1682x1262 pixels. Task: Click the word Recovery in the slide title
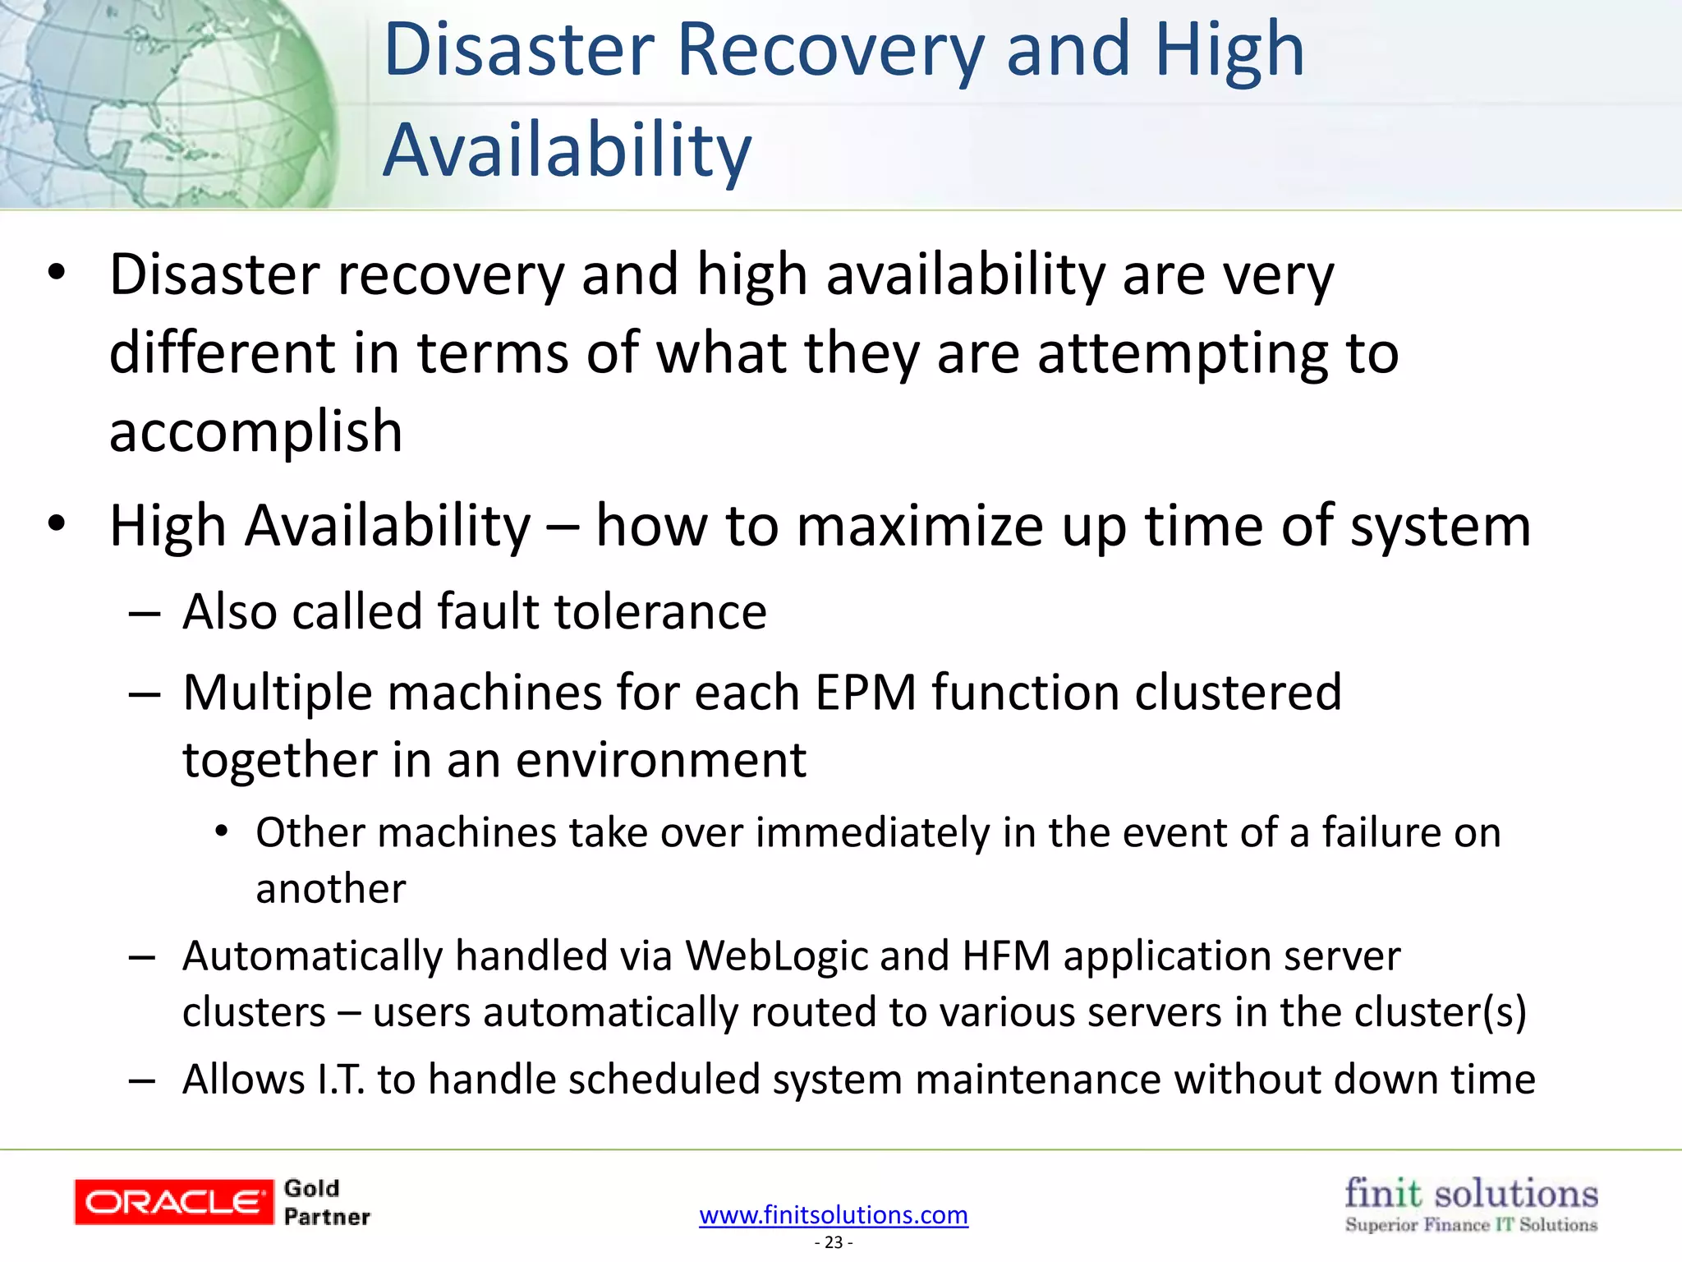[830, 51]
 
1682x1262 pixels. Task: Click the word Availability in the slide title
[567, 150]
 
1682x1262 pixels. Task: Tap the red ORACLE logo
[173, 1202]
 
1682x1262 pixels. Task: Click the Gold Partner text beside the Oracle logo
[326, 1202]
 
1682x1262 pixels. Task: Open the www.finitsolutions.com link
[833, 1214]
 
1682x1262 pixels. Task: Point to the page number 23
[834, 1242]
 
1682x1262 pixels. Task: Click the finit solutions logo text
[1470, 1193]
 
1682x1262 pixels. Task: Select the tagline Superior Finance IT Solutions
[1470, 1225]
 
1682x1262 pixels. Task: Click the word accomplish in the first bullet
[256, 431]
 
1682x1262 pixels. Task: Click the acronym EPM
[865, 693]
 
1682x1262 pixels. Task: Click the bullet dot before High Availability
[56, 523]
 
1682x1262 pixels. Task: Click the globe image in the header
[164, 103]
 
